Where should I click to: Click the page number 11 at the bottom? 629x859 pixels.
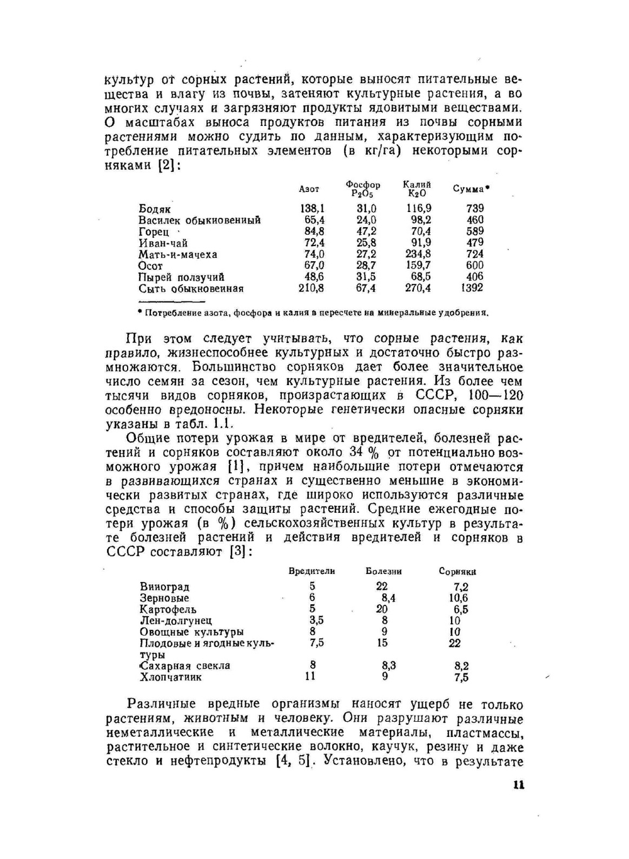coord(518,785)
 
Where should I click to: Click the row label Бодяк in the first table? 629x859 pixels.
coord(154,208)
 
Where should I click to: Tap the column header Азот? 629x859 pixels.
coord(308,189)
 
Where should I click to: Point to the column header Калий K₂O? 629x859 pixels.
coord(417,189)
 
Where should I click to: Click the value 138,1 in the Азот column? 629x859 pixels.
coord(313,208)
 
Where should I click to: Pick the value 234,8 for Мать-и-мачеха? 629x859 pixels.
coord(418,254)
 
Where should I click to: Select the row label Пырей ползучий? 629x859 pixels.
coord(181,277)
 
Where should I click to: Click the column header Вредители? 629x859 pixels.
coord(311,571)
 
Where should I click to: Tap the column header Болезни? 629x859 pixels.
coord(384,571)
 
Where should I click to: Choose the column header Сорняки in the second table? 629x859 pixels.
coord(457,571)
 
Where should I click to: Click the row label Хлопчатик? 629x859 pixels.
coord(170,677)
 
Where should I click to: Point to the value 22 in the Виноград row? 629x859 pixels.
coord(382,587)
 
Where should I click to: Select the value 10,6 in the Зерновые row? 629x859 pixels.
coord(458,598)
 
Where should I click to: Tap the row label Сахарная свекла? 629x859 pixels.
coord(185,666)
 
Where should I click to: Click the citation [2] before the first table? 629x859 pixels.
coord(168,165)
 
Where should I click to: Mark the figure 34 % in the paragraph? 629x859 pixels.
coord(368,452)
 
